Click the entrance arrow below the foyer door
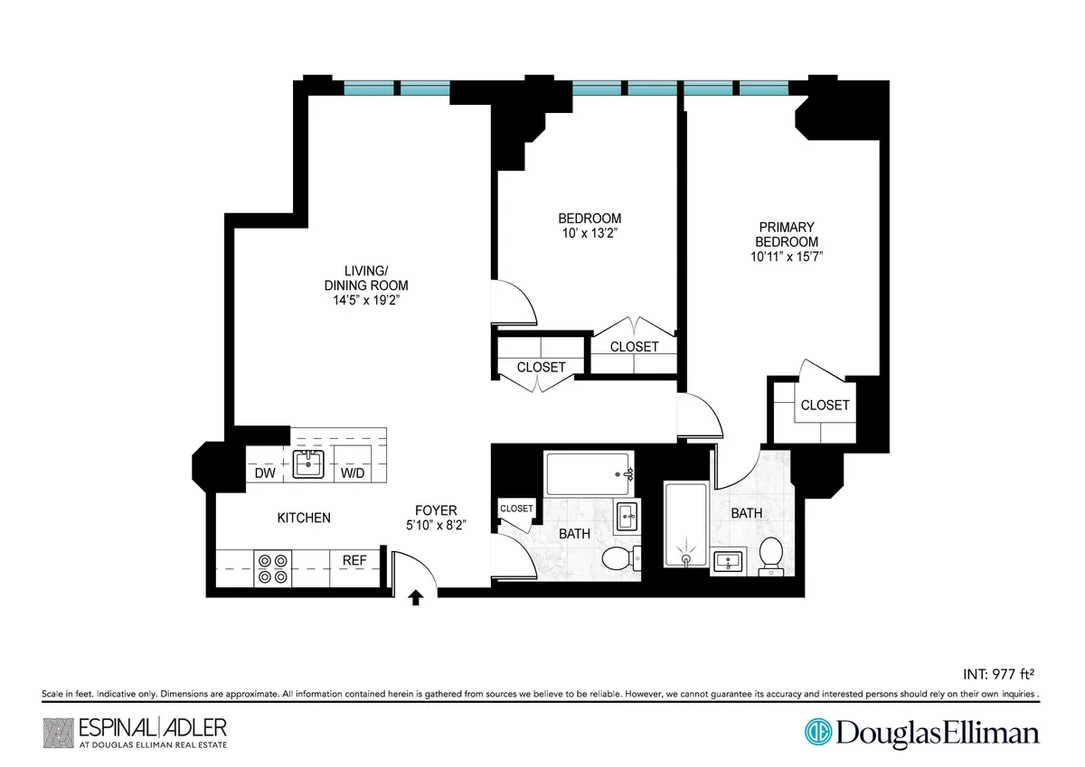click(416, 597)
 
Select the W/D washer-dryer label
click(353, 472)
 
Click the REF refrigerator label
click(354, 560)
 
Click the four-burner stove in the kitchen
click(272, 567)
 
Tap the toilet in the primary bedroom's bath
click(771, 554)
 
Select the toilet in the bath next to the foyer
click(619, 557)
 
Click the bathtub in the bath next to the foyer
click(589, 472)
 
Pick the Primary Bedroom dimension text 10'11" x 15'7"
click(786, 257)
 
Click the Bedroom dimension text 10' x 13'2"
click(590, 233)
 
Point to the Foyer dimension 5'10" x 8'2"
click(436, 524)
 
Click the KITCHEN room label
click(303, 518)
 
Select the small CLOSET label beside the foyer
click(516, 509)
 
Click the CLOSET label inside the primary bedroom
click(825, 405)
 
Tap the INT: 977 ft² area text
click(993, 673)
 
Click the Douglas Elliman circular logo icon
click(819, 732)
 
